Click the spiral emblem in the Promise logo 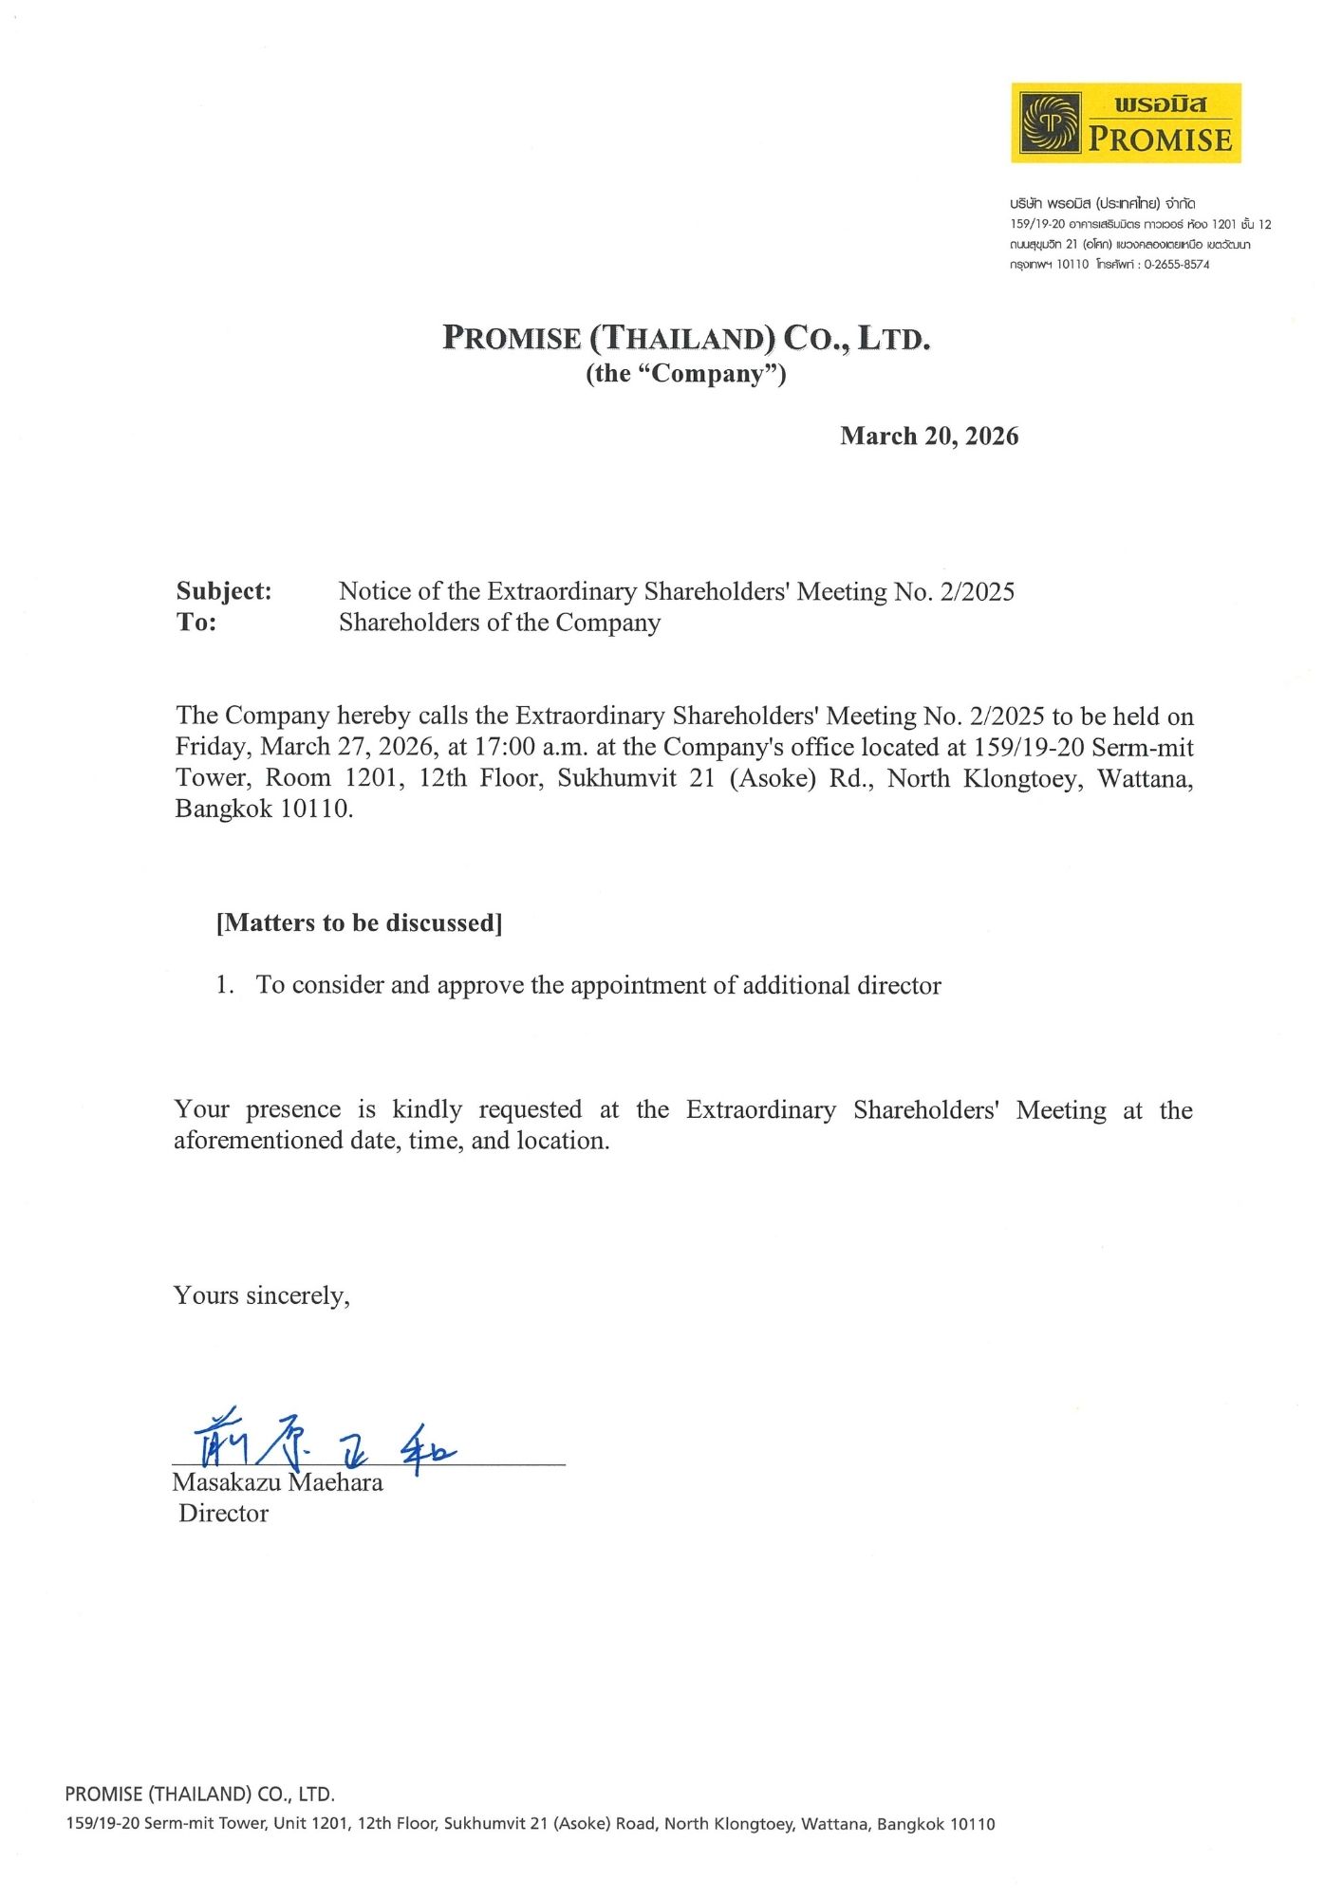pyautogui.click(x=1049, y=122)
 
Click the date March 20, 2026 pyautogui.click(x=929, y=436)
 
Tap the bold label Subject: pyautogui.click(x=224, y=591)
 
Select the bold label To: pyautogui.click(x=196, y=623)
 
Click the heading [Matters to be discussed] pyautogui.click(x=360, y=922)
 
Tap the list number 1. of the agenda pyautogui.click(x=225, y=985)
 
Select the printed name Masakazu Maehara pyautogui.click(x=277, y=1482)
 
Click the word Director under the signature pyautogui.click(x=223, y=1513)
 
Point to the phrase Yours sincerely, pyautogui.click(x=261, y=1295)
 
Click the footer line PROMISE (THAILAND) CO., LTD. pyautogui.click(x=199, y=1794)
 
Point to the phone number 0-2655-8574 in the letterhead pyautogui.click(x=1176, y=265)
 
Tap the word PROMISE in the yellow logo pyautogui.click(x=1160, y=140)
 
